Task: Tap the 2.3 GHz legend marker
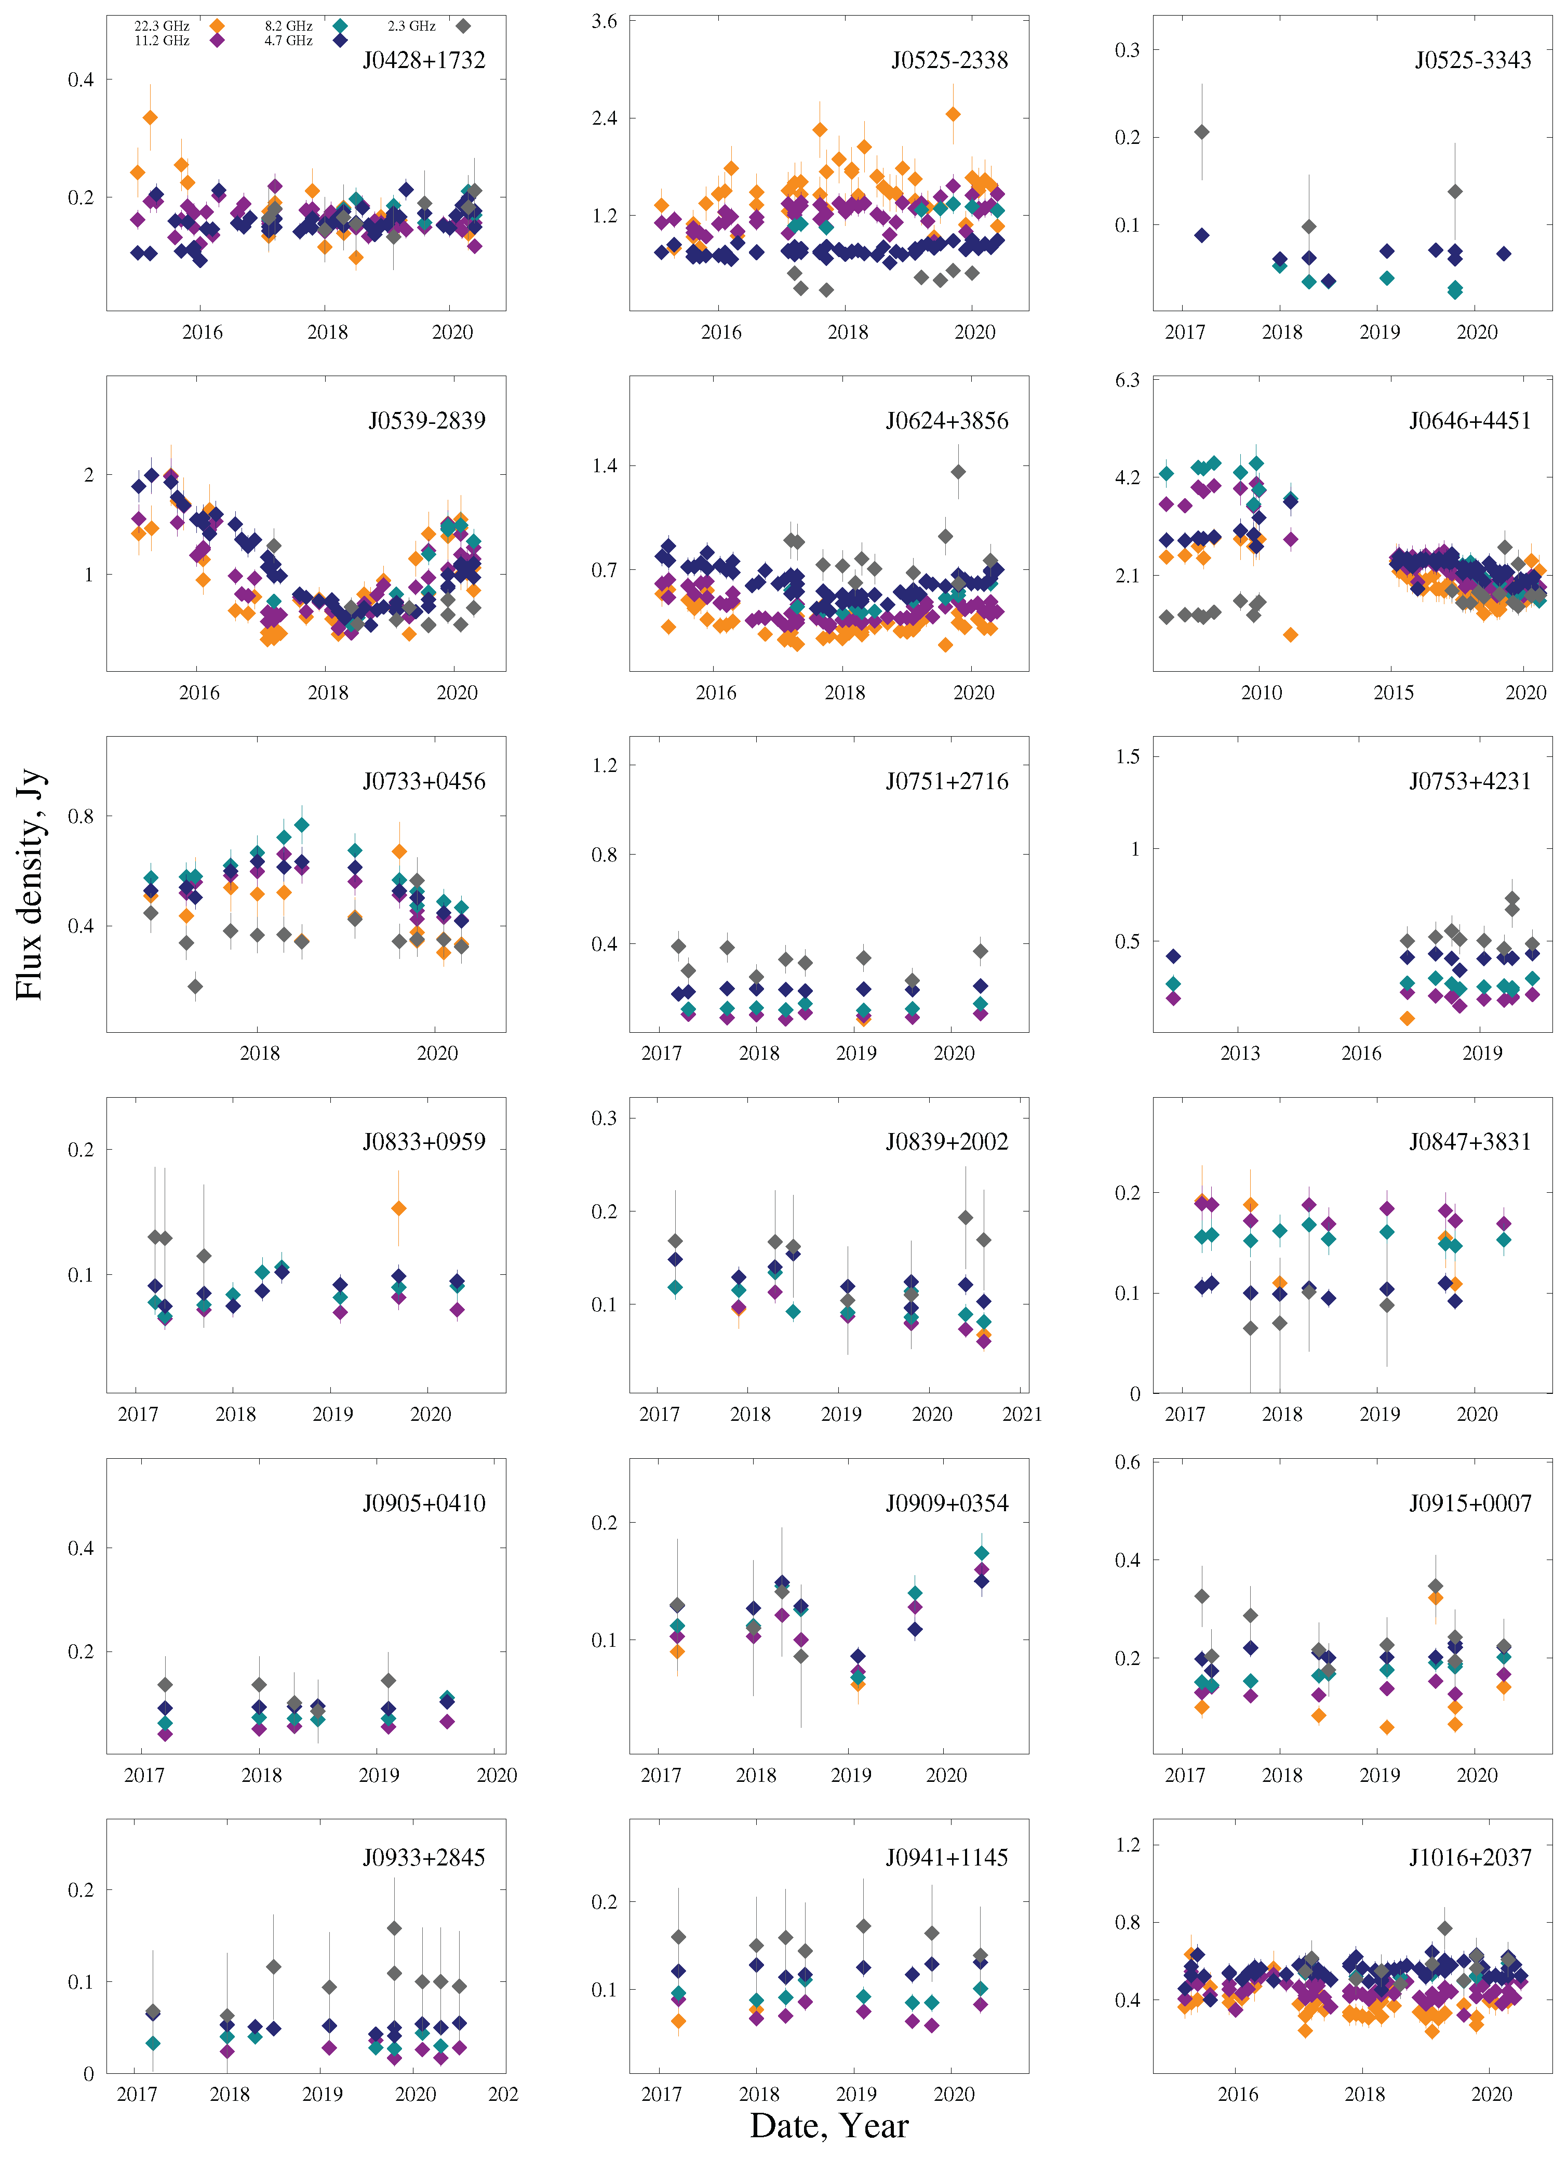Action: point(463,25)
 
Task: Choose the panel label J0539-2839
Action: point(427,421)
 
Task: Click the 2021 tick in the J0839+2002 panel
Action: point(1022,1414)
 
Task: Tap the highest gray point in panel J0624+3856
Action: point(958,472)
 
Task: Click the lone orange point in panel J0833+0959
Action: point(399,1208)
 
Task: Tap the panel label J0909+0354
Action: point(947,1503)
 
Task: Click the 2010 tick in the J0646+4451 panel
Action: point(1262,692)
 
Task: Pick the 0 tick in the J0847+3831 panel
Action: point(1134,1394)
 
